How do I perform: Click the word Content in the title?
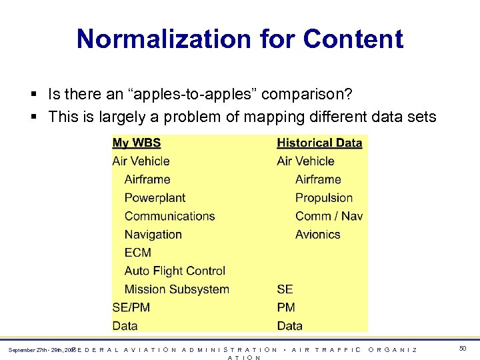353,39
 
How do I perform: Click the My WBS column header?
136,143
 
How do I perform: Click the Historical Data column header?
319,143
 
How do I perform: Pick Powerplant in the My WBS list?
155,198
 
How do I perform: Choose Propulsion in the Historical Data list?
324,198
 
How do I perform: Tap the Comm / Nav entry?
329,216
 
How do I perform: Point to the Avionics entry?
317,235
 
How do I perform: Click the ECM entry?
137,253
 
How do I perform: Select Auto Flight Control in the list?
175,271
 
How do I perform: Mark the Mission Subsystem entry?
177,289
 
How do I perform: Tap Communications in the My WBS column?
169,216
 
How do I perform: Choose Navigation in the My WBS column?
153,235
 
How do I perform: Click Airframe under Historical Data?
318,179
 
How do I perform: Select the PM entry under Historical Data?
285,307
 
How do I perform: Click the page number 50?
463,349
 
